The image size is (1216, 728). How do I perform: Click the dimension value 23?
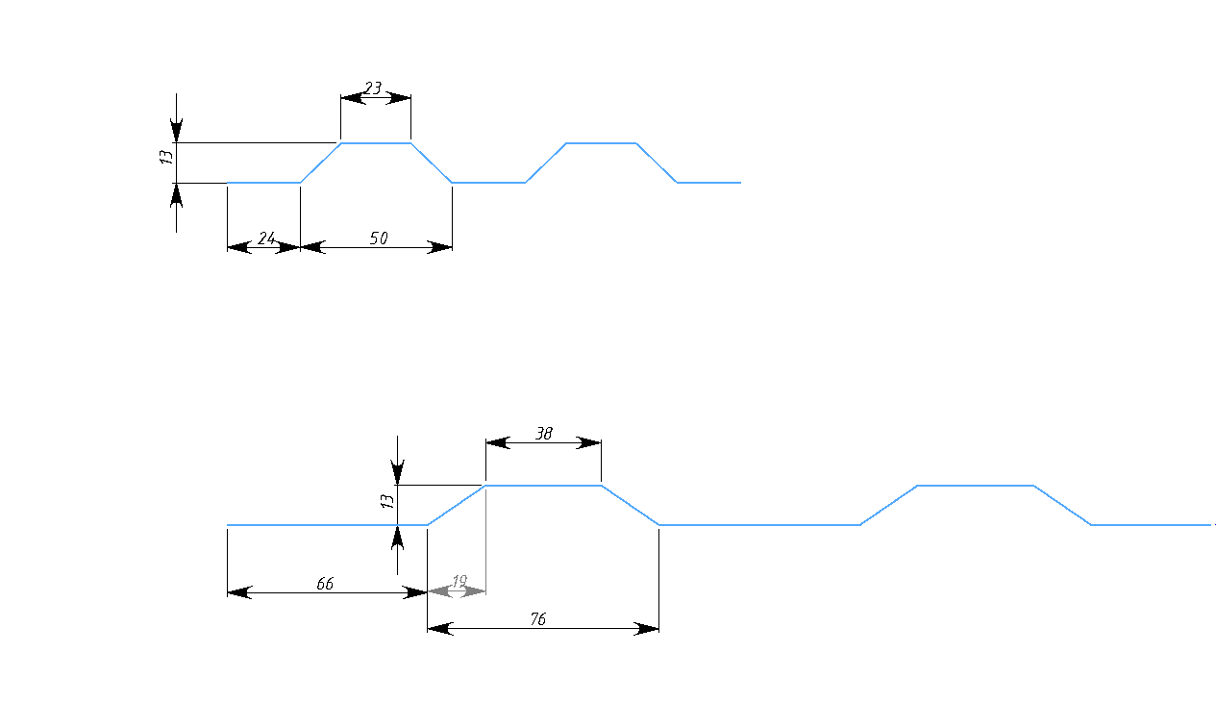374,88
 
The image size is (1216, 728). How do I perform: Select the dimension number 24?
265,238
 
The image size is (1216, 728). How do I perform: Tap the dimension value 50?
379,238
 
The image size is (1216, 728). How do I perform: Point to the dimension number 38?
543,434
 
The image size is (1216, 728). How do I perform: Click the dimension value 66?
325,584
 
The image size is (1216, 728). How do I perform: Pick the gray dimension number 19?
459,581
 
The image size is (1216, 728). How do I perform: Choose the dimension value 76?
538,619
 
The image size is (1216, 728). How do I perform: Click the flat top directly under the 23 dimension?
376,143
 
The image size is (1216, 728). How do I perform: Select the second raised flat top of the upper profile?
601,143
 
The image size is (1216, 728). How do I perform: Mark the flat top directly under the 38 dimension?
543,486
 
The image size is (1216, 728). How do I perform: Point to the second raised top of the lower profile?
975,486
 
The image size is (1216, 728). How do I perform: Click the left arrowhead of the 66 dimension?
237,592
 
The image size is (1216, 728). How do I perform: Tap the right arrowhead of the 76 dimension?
648,629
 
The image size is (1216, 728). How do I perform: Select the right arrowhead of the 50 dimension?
441,247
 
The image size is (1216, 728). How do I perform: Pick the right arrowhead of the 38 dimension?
590,442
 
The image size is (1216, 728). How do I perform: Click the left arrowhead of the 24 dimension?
236,247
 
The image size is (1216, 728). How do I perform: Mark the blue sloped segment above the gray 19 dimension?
457,505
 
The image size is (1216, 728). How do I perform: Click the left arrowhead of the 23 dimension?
351,96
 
